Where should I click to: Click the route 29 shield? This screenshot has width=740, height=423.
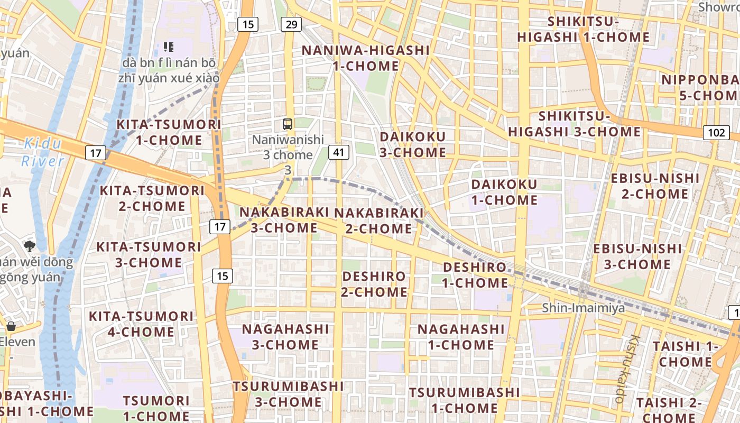[x=292, y=24]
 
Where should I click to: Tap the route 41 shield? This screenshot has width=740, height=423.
[x=339, y=153]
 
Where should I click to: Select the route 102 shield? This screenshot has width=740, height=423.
[x=716, y=132]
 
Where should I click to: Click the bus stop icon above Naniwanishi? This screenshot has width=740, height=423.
[x=288, y=124]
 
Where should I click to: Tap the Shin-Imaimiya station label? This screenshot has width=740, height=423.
[x=584, y=308]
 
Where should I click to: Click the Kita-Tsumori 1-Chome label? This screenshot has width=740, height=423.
[x=169, y=132]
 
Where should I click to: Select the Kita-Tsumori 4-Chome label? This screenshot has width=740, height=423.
[x=141, y=324]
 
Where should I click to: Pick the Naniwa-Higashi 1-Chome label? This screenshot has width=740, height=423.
[x=366, y=58]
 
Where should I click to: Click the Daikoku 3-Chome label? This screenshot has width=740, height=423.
[x=413, y=144]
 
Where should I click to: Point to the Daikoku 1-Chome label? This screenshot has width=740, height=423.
[x=504, y=192]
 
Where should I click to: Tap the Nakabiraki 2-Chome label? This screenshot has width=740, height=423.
[x=379, y=220]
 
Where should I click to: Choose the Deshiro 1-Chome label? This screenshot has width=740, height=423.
[x=475, y=275]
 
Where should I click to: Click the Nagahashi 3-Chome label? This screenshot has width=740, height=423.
[x=285, y=336]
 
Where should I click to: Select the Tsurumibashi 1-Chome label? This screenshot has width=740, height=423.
[x=465, y=400]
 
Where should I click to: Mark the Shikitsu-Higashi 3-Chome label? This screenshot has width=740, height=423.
[x=575, y=124]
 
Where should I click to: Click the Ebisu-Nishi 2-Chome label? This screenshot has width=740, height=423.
[x=655, y=186]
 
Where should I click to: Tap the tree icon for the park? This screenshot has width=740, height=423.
[x=30, y=245]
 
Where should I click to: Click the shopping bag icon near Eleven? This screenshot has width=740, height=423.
[x=11, y=326]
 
